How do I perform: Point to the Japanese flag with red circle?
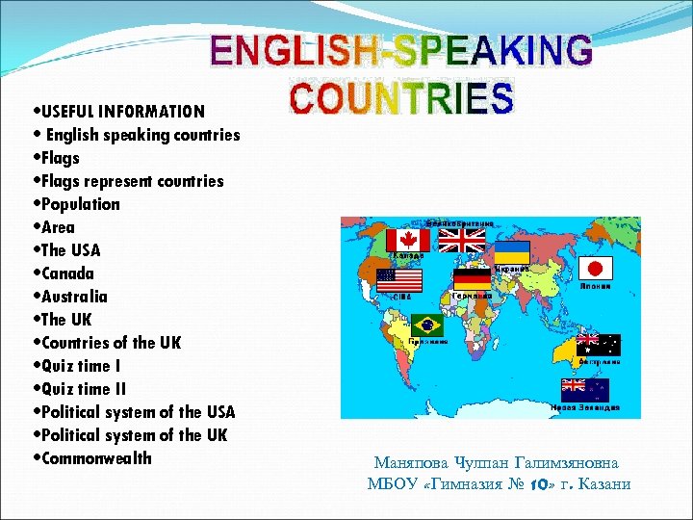(598, 269)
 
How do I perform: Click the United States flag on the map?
(399, 280)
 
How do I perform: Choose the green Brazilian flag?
(425, 325)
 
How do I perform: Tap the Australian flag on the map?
(598, 346)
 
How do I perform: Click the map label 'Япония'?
(596, 287)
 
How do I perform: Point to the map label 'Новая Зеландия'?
(584, 408)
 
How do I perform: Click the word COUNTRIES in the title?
(402, 98)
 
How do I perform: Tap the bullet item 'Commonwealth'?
(96, 457)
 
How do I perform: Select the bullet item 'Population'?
(81, 204)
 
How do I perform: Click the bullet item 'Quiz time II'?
(87, 388)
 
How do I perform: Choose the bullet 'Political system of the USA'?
(139, 411)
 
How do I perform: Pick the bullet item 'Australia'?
(75, 297)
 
